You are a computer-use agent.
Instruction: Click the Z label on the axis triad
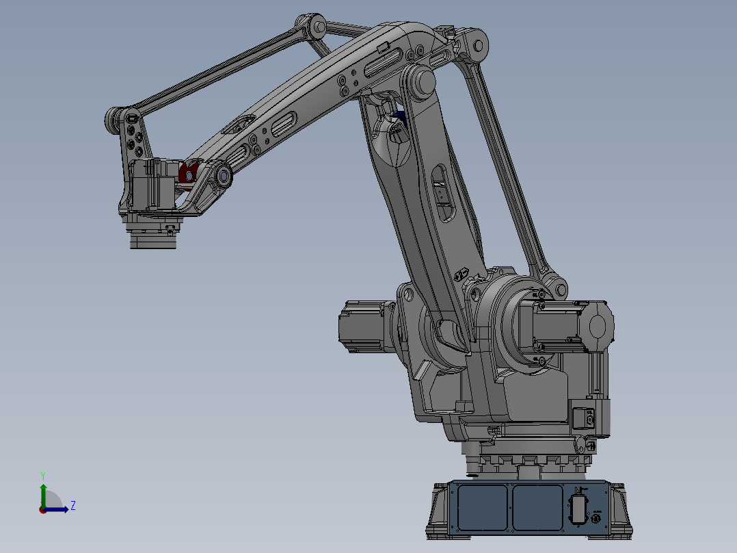pyautogui.click(x=72, y=506)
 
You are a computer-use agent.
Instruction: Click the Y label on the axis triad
pyautogui.click(x=42, y=475)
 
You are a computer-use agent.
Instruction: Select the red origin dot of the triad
pyautogui.click(x=42, y=509)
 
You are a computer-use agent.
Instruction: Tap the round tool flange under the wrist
pyautogui.click(x=153, y=239)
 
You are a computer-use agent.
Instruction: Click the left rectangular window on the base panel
pyautogui.click(x=482, y=507)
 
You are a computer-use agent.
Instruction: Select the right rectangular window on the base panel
pyautogui.click(x=537, y=507)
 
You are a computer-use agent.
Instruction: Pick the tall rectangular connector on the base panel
pyautogui.click(x=578, y=509)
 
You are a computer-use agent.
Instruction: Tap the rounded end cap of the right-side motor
pyautogui.click(x=600, y=326)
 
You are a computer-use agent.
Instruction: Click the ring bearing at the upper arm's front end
pyautogui.click(x=223, y=177)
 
